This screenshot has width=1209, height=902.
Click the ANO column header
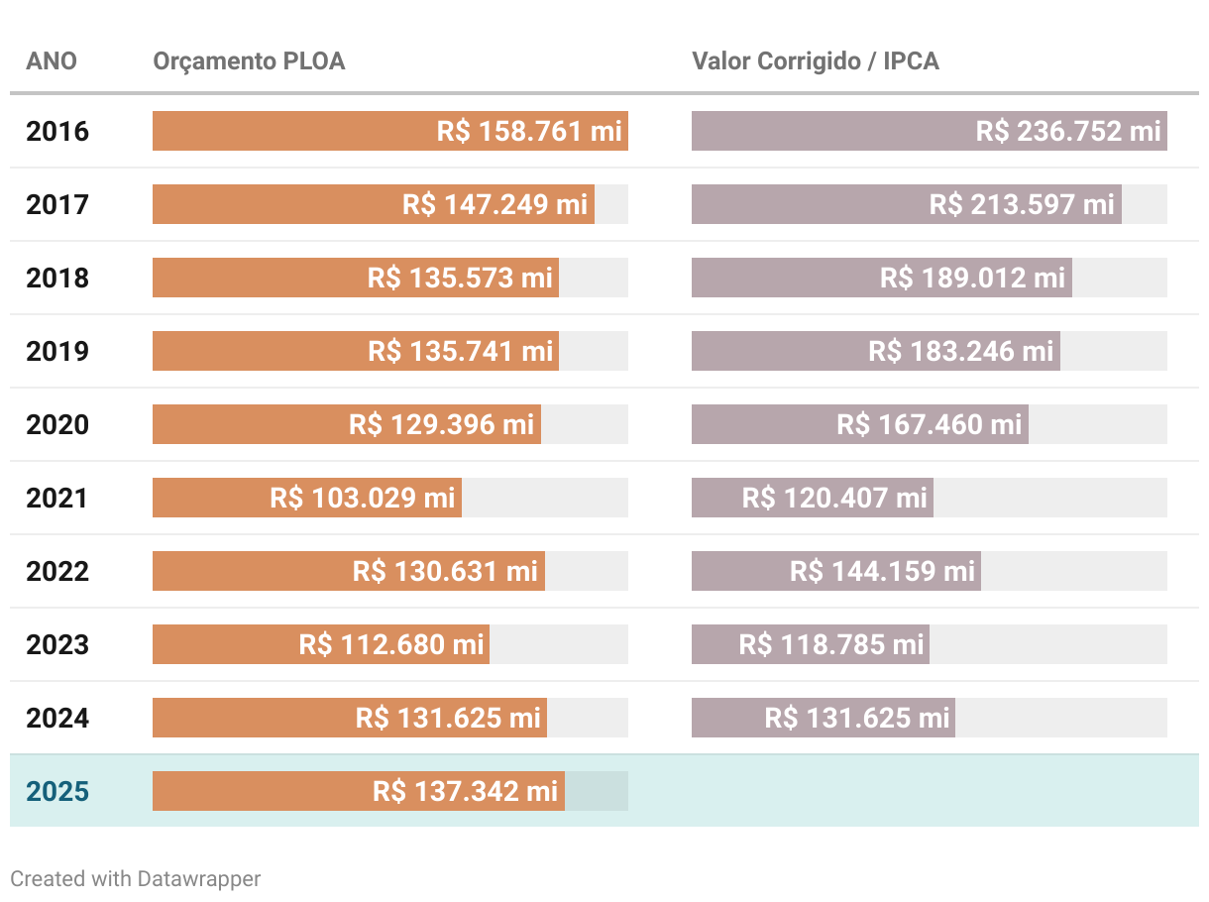[52, 61]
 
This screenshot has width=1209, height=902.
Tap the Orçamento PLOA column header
[249, 61]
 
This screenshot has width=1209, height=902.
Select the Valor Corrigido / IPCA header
[815, 61]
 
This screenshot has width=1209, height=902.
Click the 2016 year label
[57, 131]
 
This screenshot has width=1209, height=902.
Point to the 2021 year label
[57, 498]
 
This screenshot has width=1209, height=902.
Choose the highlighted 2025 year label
[57, 791]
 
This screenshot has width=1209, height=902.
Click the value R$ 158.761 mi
[529, 131]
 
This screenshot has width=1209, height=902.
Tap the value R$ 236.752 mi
[1068, 131]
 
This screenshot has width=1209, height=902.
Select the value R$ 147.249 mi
[495, 204]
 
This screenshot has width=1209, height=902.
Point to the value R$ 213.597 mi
[1022, 204]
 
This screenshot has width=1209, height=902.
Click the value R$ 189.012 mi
[972, 278]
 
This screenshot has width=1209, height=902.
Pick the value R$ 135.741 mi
[460, 351]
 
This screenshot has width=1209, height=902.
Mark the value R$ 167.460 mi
[929, 424]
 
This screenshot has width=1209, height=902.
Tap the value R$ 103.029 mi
[363, 498]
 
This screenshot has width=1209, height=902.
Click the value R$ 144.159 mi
[882, 571]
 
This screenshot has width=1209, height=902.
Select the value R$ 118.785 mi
[831, 644]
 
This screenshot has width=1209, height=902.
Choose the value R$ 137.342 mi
[465, 791]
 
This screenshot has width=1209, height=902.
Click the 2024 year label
[57, 718]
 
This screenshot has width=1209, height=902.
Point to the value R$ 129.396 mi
[441, 424]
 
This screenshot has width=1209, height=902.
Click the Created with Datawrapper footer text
[136, 878]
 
